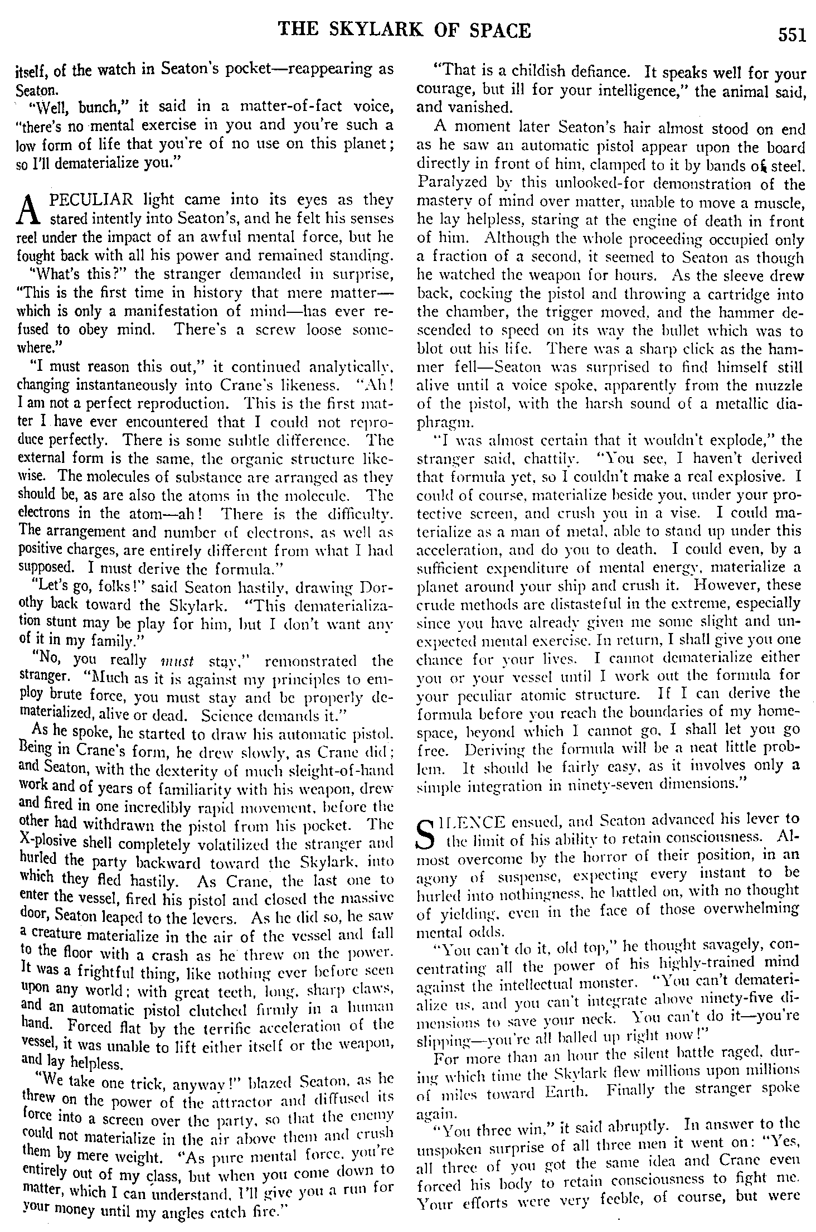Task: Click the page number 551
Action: pos(792,36)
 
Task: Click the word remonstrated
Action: pos(314,662)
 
